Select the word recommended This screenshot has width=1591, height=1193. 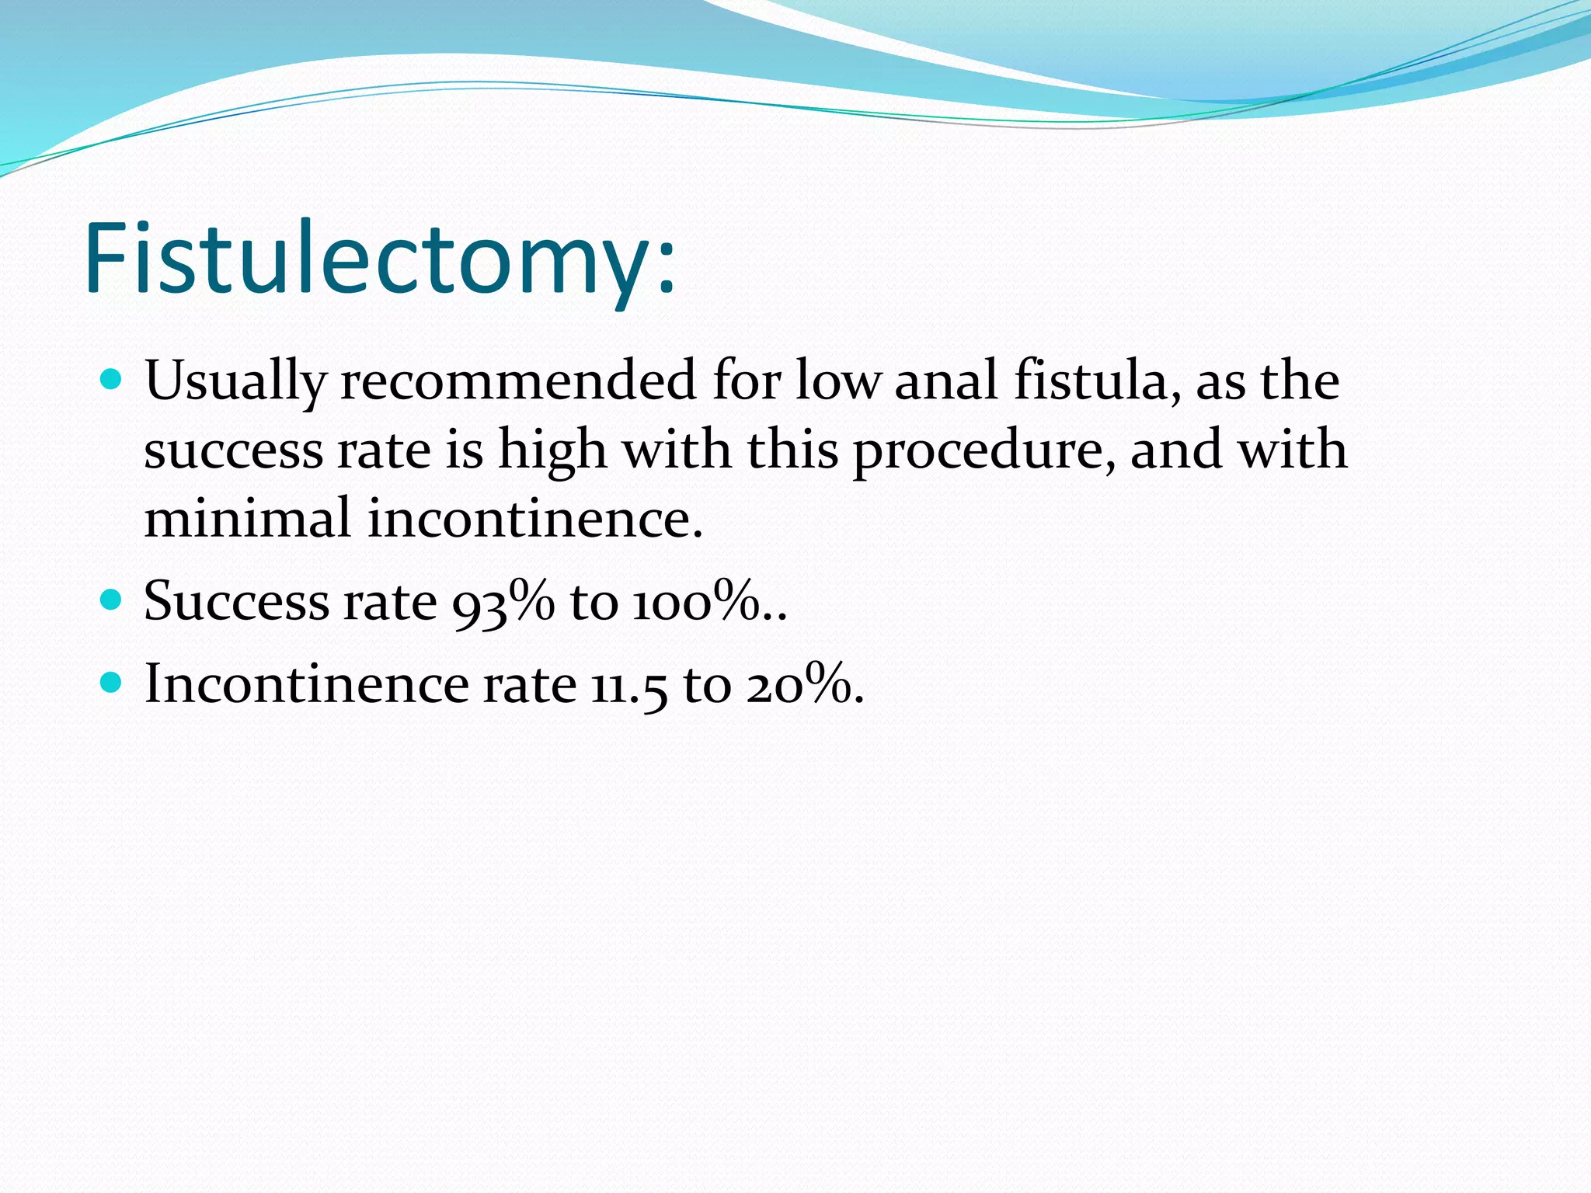(x=518, y=381)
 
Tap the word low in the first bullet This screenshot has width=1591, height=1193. (x=837, y=381)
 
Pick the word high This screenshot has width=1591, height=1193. (x=552, y=450)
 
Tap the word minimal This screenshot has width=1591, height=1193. (x=247, y=519)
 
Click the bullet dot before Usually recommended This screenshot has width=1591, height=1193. (x=112, y=379)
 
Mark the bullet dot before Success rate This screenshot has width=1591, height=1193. (x=112, y=600)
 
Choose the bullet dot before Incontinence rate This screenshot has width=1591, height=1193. (x=112, y=683)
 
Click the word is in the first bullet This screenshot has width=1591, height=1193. (x=464, y=450)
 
